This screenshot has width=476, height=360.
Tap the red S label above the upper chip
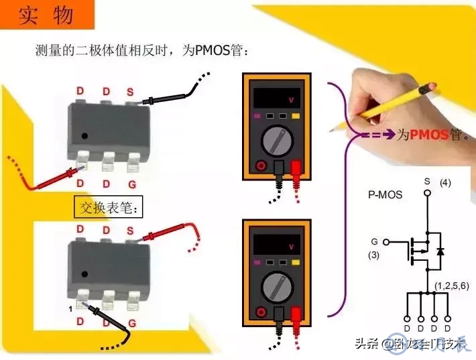click(130, 91)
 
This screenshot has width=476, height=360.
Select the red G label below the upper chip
click(132, 183)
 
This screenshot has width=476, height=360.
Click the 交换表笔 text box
click(109, 208)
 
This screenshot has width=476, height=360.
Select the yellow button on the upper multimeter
click(296, 116)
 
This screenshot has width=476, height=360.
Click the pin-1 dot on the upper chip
click(84, 136)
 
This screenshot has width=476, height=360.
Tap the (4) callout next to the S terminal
click(445, 182)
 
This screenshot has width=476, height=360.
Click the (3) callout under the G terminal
click(374, 255)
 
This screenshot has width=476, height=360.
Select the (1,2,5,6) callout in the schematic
click(451, 286)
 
